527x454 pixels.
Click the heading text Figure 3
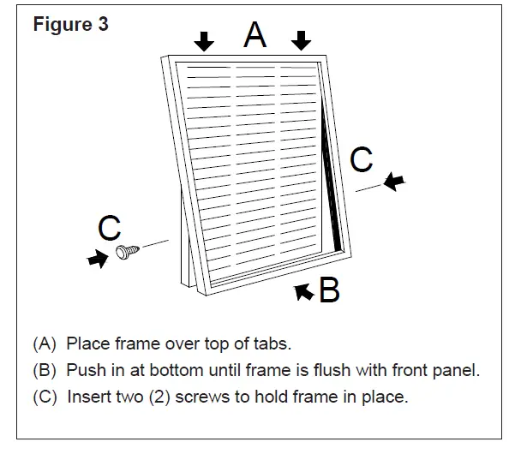tap(71, 24)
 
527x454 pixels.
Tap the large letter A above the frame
tap(255, 35)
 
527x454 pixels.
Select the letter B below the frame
tap(329, 291)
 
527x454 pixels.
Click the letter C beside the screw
tap(109, 228)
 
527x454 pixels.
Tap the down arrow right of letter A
tap(300, 41)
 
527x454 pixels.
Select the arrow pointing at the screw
tap(99, 260)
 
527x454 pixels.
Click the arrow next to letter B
tap(303, 292)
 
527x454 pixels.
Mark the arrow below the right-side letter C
tap(394, 181)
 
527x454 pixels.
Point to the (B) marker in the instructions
tap(45, 371)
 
